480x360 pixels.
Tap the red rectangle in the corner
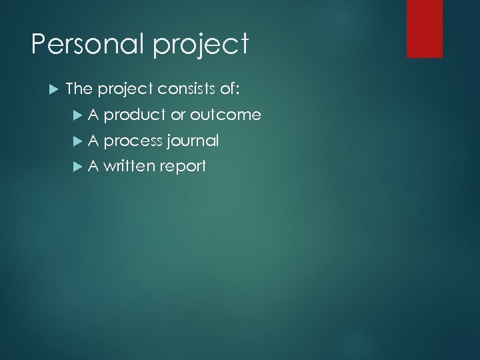pyautogui.click(x=425, y=28)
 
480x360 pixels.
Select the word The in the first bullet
pyautogui.click(x=79, y=89)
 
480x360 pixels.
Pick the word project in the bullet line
pyautogui.click(x=126, y=90)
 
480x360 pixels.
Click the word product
pyautogui.click(x=135, y=115)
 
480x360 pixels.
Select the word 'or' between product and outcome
pyautogui.click(x=178, y=115)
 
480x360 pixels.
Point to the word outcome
pyautogui.click(x=225, y=115)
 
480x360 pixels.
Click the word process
pyautogui.click(x=133, y=141)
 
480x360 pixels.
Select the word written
pyautogui.click(x=129, y=166)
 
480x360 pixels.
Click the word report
pyautogui.click(x=183, y=167)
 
